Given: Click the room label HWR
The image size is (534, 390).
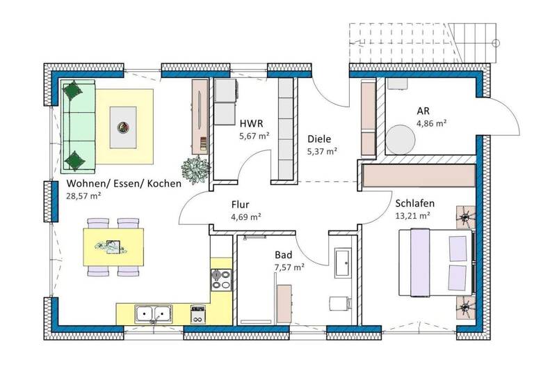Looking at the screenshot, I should pos(250,124).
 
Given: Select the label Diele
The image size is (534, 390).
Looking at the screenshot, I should pos(320,139).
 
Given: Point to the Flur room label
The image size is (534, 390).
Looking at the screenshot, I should pos(241,205).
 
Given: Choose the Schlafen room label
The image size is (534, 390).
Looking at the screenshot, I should pos(414,203).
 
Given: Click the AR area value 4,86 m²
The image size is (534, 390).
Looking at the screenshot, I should pos(431,123).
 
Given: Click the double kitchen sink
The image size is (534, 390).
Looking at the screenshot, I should pos(151,315).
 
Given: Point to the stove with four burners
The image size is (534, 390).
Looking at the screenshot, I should pos(221,280).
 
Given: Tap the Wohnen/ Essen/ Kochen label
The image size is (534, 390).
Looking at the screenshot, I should pos(124,184).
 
